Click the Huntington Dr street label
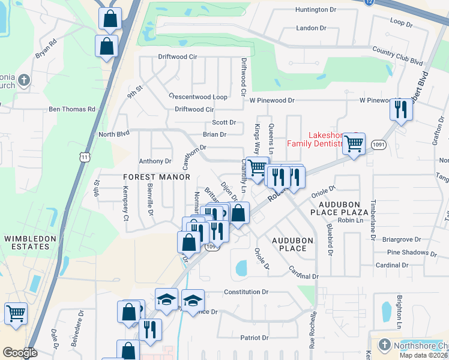316,10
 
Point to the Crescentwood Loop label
197,97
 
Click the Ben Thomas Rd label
72,109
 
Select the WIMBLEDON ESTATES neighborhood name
26,242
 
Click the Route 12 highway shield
367,3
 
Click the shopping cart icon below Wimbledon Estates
16,313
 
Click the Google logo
19,352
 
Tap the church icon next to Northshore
385,346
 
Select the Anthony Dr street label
155,161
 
